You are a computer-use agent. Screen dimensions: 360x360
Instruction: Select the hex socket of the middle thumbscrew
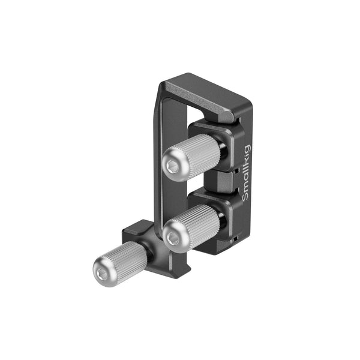pyautogui.click(x=173, y=239)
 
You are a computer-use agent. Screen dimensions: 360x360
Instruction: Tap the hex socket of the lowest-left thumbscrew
pyautogui.click(x=103, y=273)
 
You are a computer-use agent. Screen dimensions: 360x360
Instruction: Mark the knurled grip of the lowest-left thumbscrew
pyautogui.click(x=127, y=260)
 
